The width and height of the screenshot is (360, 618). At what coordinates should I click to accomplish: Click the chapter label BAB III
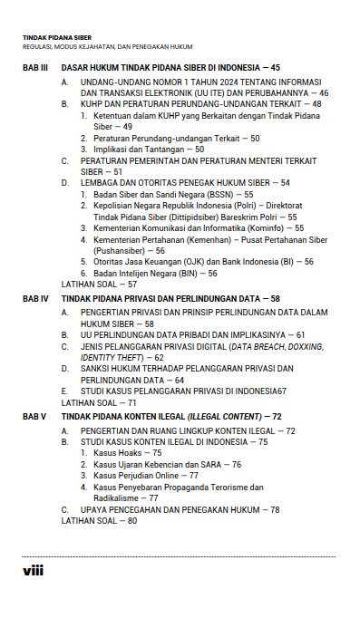[34, 68]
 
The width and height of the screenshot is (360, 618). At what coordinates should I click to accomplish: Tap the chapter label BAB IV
[34, 298]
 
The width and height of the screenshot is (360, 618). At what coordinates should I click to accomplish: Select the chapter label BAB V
[34, 416]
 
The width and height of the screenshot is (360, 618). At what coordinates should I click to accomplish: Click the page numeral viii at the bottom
[32, 571]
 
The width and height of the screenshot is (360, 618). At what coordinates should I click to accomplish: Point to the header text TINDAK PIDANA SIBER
[57, 38]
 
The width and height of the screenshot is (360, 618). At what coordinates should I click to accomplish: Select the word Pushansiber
[117, 250]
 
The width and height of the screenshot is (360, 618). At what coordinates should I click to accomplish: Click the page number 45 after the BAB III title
[275, 68]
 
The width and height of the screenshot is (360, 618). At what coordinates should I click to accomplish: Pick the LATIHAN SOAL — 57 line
[99, 284]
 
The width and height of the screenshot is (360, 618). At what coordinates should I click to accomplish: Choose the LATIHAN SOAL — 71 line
[99, 401]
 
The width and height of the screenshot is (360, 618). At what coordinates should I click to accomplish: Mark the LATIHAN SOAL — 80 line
[99, 521]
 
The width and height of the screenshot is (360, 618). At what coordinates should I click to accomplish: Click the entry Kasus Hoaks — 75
[128, 452]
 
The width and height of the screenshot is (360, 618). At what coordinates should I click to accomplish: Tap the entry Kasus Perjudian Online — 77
[146, 475]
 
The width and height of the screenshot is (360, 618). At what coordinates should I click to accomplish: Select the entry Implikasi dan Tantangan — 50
[149, 149]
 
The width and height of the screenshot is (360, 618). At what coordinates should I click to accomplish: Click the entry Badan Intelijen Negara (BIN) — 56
[155, 273]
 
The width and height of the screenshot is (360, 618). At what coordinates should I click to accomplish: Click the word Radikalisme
[115, 497]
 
